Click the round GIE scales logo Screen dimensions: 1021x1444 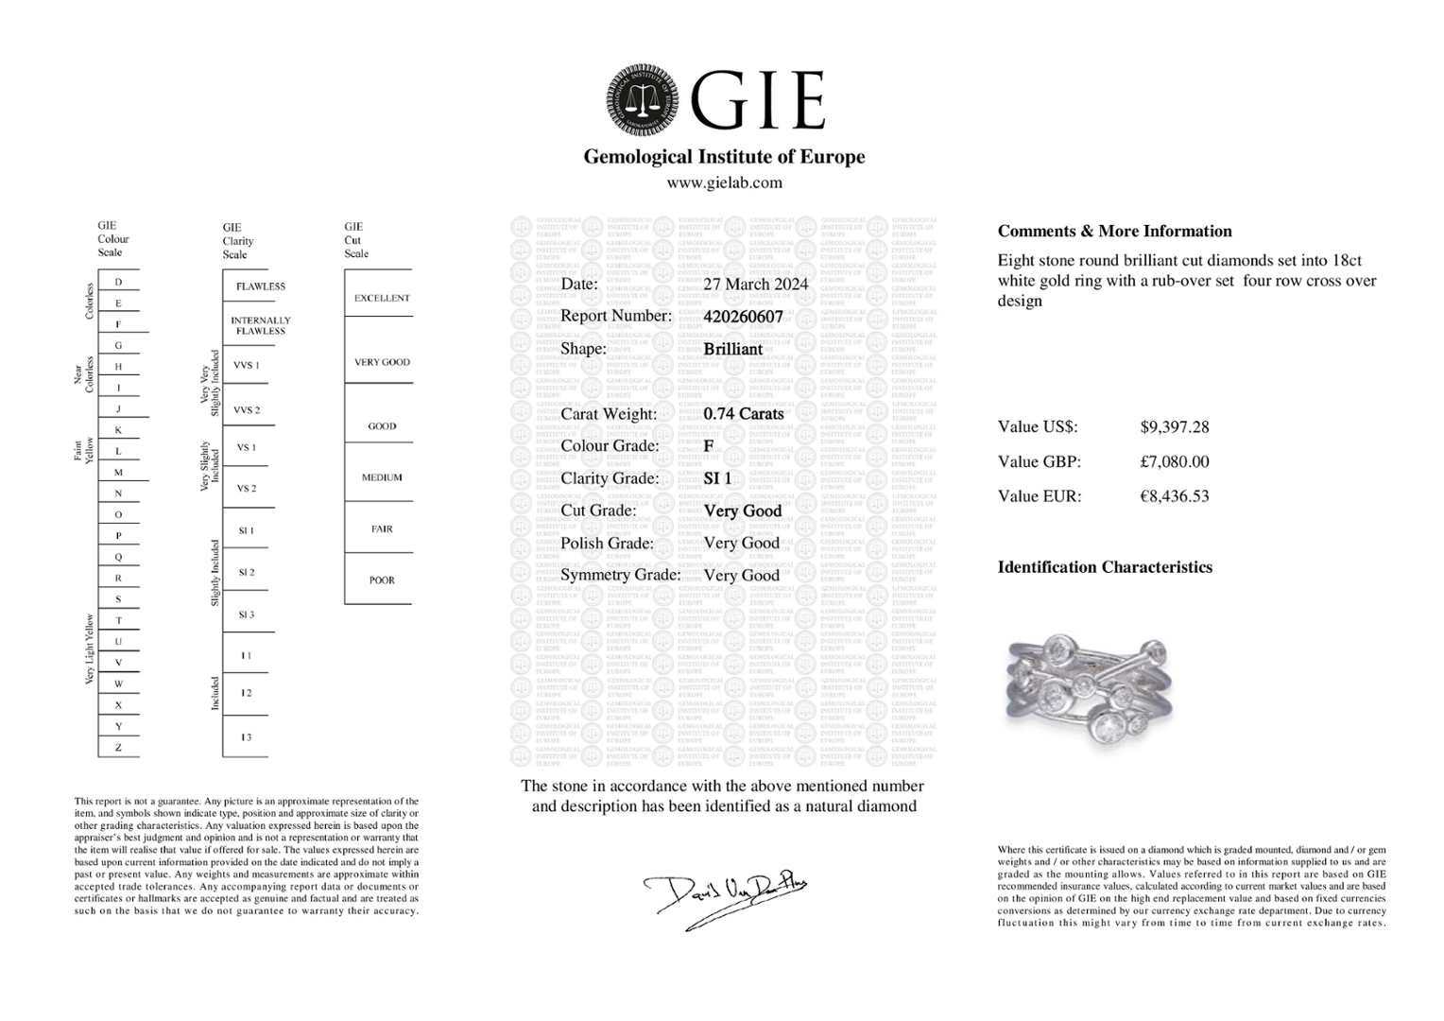[x=643, y=100]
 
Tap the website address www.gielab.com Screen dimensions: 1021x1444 [x=724, y=182]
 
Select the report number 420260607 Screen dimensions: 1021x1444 [x=743, y=317]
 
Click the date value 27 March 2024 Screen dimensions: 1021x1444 [x=755, y=284]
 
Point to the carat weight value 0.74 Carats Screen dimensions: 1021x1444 [x=743, y=413]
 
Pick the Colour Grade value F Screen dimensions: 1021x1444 [x=709, y=446]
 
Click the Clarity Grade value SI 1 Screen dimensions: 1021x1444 [x=717, y=478]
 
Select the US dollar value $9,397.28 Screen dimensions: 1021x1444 [x=1174, y=427]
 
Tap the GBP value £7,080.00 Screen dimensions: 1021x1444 [x=1174, y=461]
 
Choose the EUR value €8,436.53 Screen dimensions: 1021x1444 [x=1174, y=496]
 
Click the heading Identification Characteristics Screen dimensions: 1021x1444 [x=1104, y=567]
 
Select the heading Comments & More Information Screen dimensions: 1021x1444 [x=1114, y=232]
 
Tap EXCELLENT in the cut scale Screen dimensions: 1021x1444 [x=382, y=299]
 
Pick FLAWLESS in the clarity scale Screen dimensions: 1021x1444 [x=260, y=286]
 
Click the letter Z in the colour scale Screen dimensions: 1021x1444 [x=118, y=748]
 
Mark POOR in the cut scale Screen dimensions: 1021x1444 [x=382, y=580]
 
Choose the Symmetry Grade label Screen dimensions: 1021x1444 [x=620, y=575]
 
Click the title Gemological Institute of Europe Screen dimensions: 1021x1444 [x=724, y=157]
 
